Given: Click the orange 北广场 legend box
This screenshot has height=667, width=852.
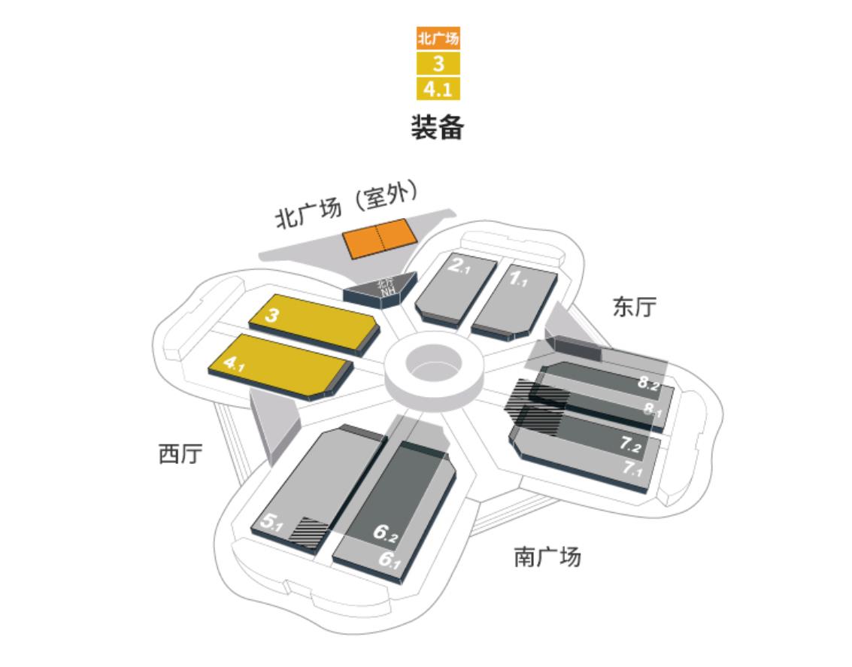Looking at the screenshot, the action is [438, 38].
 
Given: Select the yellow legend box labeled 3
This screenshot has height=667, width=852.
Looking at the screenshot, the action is [438, 63].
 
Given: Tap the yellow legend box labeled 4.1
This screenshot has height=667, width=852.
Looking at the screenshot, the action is [438, 89].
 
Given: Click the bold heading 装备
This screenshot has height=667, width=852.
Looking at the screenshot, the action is [437, 126].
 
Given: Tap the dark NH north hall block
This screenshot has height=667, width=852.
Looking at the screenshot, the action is [384, 287].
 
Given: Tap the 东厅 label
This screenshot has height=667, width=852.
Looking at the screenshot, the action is [634, 307].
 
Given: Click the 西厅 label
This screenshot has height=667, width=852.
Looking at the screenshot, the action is [180, 453].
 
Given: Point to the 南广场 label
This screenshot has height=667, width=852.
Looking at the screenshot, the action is [547, 557].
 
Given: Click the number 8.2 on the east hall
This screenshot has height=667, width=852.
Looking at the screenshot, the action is [648, 383].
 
